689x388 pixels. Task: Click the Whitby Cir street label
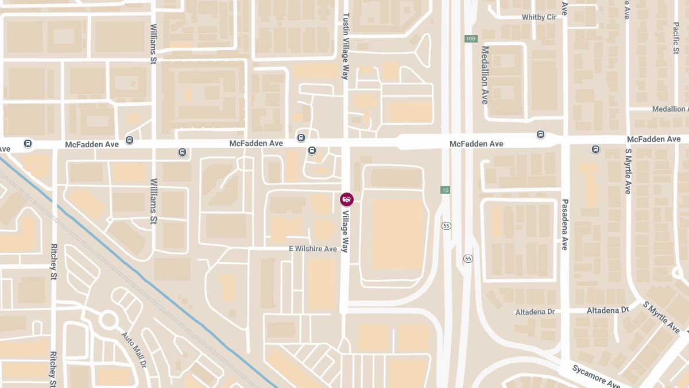[539, 17]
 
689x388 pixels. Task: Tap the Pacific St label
[676, 38]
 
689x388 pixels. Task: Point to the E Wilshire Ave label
[312, 249]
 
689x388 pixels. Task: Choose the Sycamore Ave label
[596, 377]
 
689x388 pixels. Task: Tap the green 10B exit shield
[471, 39]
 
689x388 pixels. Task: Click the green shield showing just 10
[445, 190]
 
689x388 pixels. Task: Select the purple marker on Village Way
[347, 199]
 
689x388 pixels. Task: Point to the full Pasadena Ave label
[564, 225]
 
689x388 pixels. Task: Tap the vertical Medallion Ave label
[485, 75]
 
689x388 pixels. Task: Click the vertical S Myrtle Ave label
[628, 171]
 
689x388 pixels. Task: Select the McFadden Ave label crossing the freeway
[476, 144]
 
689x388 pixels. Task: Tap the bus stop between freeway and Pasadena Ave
[540, 135]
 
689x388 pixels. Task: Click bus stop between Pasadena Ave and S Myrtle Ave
[595, 149]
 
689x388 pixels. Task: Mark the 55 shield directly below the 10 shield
[446, 225]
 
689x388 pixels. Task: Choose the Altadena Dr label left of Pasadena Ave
[535, 312]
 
